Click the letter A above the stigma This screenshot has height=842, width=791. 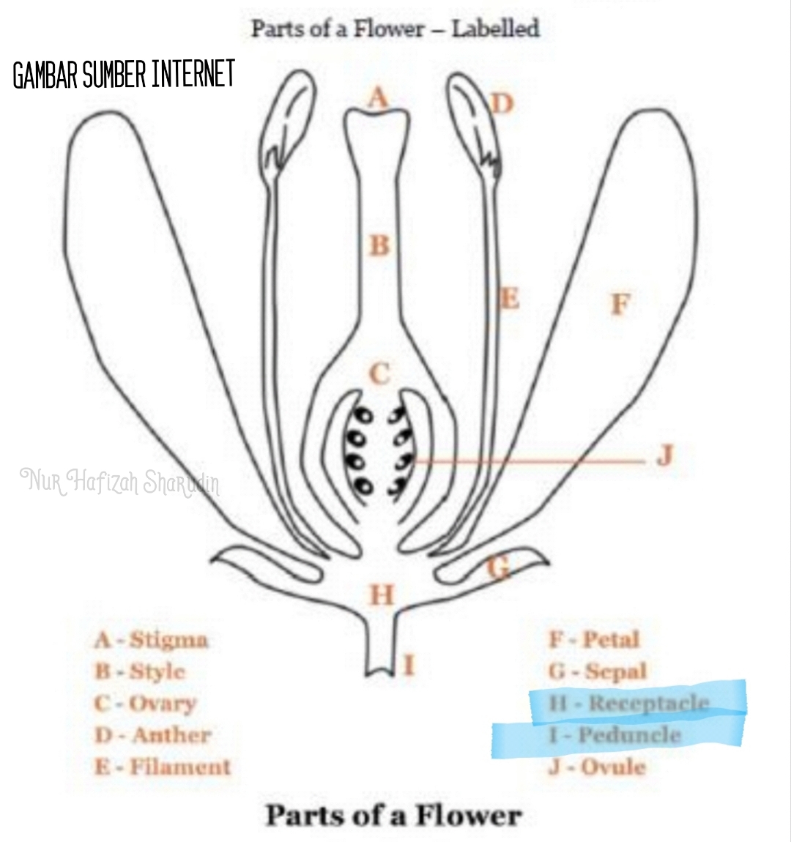tap(378, 97)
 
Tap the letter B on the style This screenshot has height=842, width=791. tap(379, 245)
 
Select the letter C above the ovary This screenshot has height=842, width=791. tap(379, 373)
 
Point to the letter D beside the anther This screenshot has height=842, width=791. tap(502, 104)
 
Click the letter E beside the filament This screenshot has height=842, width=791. tap(508, 299)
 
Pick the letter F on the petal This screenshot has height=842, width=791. tap(620, 303)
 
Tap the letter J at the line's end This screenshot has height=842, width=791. tap(664, 455)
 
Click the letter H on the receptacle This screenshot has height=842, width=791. tap(382, 595)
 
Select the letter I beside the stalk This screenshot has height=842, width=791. tap(409, 665)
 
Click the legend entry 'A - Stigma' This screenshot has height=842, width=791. tap(152, 640)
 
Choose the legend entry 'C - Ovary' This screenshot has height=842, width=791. tap(146, 704)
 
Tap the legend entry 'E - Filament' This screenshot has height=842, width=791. tap(163, 767)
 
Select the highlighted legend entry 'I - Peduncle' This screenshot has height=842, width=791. tap(615, 735)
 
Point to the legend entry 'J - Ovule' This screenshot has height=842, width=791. tap(598, 767)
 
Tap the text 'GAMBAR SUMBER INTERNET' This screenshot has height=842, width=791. tap(124, 75)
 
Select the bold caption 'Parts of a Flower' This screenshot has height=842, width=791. tap(394, 815)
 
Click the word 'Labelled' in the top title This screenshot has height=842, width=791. tap(495, 29)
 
